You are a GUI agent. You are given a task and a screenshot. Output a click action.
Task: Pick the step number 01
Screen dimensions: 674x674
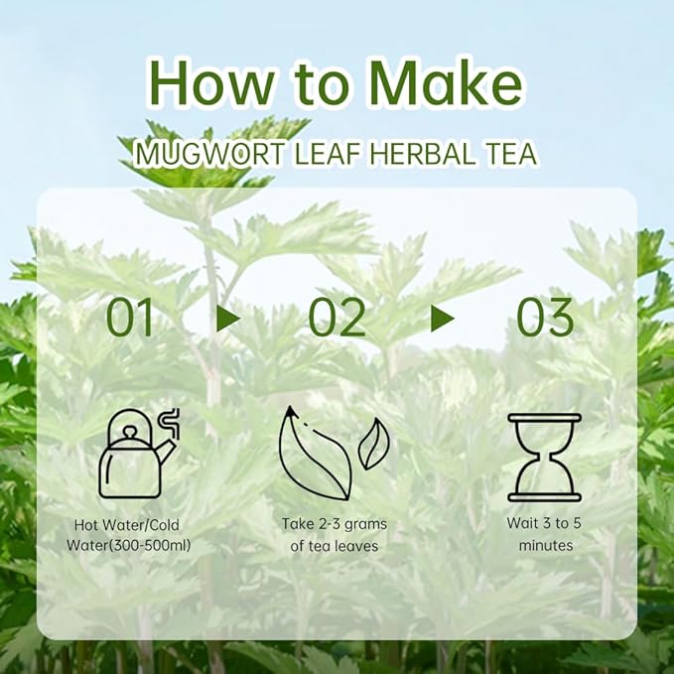click(131, 318)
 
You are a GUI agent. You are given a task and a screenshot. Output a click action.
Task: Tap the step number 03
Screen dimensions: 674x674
click(544, 318)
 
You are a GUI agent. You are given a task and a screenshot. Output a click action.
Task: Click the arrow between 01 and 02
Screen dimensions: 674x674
click(229, 318)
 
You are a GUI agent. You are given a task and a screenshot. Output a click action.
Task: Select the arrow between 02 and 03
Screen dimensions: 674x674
click(442, 318)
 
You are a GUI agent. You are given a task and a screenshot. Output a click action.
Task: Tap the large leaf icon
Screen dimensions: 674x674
click(313, 457)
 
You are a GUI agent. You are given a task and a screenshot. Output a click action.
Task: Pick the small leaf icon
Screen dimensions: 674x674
click(373, 444)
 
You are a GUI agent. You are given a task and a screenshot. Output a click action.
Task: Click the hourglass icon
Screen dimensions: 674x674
click(544, 457)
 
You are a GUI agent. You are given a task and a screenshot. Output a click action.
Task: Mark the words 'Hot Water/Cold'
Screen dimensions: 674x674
click(126, 524)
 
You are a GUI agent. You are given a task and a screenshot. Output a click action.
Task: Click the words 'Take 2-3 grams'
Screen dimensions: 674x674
click(335, 524)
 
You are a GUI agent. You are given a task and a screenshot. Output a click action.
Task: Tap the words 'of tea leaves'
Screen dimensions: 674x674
click(335, 545)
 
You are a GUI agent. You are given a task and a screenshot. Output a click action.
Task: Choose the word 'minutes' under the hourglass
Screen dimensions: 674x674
click(545, 545)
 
